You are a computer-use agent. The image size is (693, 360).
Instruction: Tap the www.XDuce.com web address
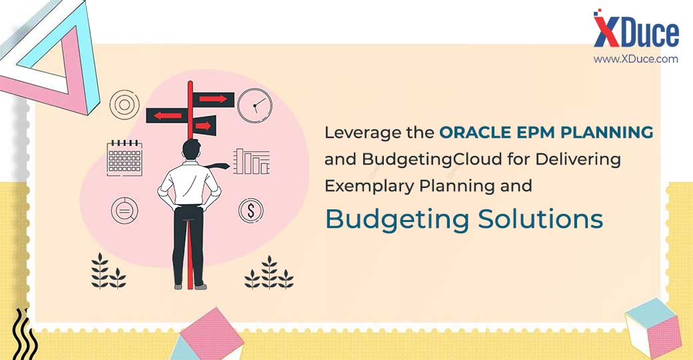(636, 59)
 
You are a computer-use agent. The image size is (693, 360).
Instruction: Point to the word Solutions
(540, 219)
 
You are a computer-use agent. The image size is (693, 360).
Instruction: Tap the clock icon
(255, 105)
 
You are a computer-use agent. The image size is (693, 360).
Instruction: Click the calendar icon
(125, 158)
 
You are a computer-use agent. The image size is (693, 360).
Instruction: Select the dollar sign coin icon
(251, 211)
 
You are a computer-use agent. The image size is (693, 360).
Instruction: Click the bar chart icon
(251, 161)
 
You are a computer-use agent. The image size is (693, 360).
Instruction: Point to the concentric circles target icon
(125, 105)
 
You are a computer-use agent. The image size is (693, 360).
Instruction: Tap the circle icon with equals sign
(125, 211)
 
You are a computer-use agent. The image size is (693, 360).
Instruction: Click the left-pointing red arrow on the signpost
(167, 116)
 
